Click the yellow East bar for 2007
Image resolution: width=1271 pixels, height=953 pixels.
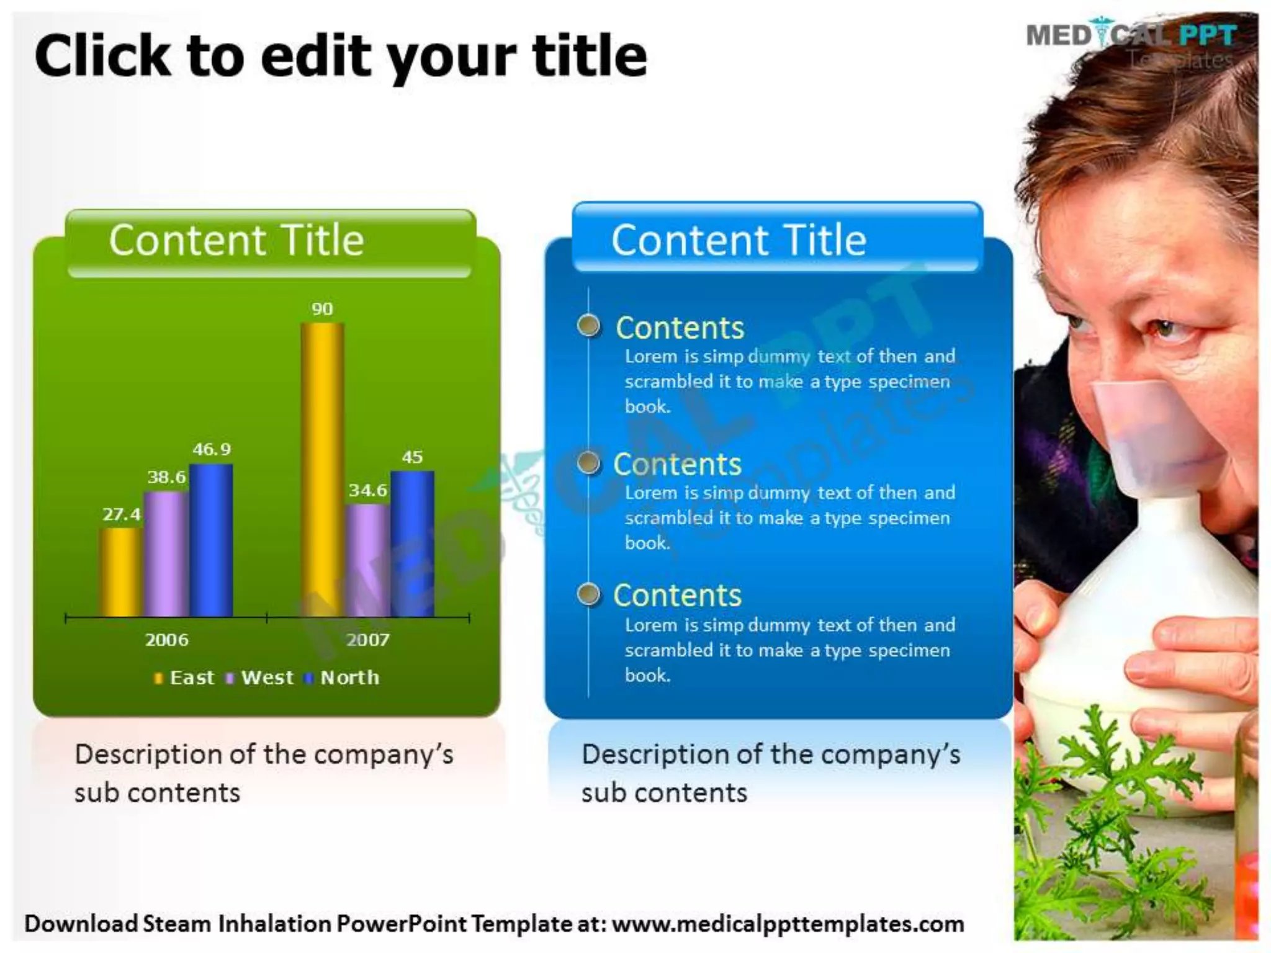(x=322, y=470)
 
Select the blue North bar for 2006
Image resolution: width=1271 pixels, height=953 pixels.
(x=211, y=540)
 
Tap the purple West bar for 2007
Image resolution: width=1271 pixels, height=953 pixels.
(x=367, y=560)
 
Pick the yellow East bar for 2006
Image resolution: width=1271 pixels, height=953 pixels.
(x=120, y=572)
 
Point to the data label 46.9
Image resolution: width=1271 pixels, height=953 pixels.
(x=211, y=449)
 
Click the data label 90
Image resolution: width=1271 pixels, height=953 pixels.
(x=322, y=309)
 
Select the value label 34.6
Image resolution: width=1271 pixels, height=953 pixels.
(x=367, y=491)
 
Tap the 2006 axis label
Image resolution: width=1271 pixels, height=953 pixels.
(x=166, y=640)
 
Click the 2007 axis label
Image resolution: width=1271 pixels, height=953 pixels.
(x=367, y=640)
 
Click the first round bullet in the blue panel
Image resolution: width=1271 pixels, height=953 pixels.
(x=588, y=326)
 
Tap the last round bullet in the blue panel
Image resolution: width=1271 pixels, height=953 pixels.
(x=588, y=594)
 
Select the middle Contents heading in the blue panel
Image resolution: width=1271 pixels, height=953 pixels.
(x=677, y=464)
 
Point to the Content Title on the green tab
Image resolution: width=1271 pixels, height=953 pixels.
(x=236, y=240)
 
